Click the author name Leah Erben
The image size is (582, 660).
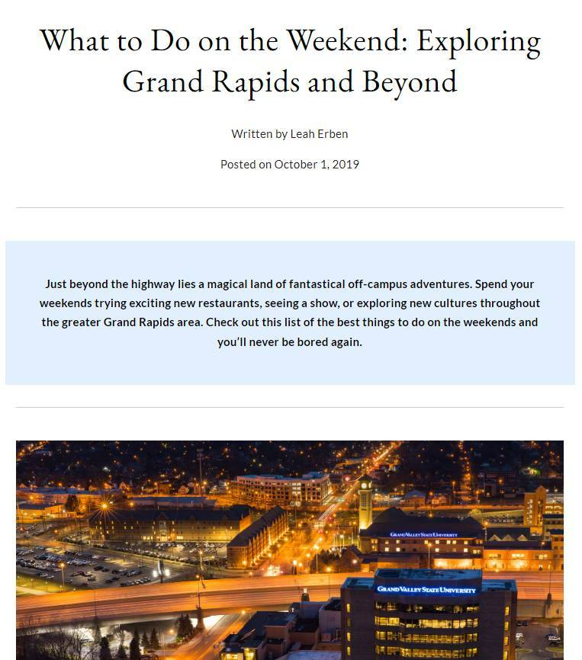[x=319, y=134]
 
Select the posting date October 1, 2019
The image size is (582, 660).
[x=317, y=164]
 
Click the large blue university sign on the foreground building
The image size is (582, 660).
[x=426, y=589]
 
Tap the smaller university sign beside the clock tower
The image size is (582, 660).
[x=423, y=535]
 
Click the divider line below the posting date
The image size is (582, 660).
[x=290, y=207]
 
